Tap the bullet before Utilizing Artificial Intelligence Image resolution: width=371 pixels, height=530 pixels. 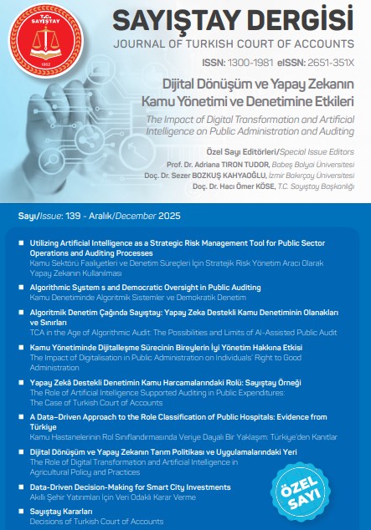click(x=20, y=242)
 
